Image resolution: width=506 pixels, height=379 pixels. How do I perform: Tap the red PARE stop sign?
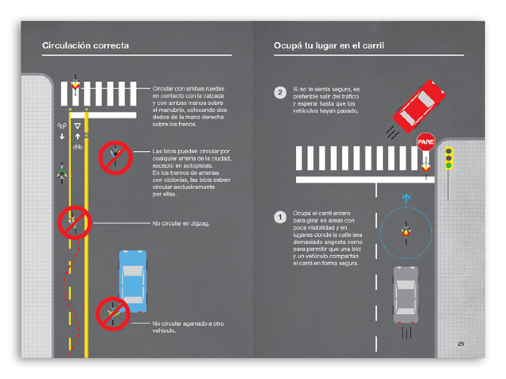[426, 141]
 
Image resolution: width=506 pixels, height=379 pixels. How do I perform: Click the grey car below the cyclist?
[405, 294]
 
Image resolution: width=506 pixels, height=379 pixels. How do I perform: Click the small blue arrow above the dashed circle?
[406, 198]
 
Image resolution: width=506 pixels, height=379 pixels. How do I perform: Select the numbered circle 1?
[280, 217]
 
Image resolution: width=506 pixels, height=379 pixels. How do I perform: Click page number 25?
[461, 344]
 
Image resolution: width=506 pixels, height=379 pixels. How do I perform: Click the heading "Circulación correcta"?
[85, 46]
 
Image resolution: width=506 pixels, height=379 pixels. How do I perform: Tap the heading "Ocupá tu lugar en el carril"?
[329, 46]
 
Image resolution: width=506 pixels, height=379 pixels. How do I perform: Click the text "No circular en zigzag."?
[181, 223]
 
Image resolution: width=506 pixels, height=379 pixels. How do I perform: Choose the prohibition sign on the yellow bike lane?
[75, 222]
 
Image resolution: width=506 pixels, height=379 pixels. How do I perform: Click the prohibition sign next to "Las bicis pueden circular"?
[116, 156]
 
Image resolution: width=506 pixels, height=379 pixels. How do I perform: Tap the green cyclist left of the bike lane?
[61, 173]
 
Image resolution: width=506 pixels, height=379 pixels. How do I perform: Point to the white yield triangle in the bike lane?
[77, 125]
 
